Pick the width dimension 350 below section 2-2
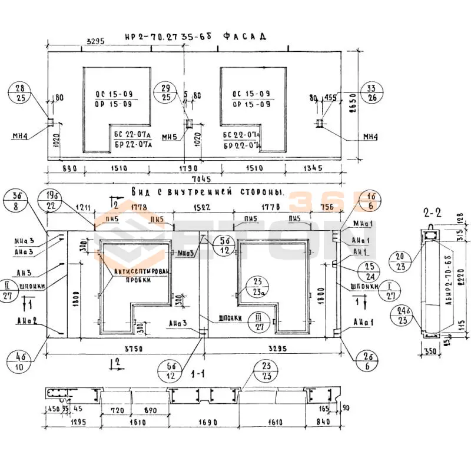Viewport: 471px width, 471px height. (x=431, y=352)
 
